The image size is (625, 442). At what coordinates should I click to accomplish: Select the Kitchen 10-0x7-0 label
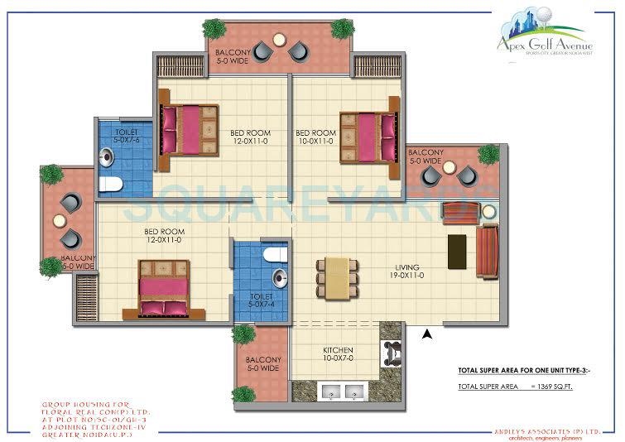[x=338, y=355]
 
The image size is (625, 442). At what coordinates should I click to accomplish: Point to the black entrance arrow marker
[x=427, y=334]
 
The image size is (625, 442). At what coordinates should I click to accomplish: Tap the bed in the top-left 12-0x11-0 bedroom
[x=190, y=129]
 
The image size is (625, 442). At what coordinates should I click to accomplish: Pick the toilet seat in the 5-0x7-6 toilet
[x=110, y=183]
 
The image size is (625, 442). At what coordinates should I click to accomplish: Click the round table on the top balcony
[x=278, y=41]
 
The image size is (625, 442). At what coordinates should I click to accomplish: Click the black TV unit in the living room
[x=456, y=251]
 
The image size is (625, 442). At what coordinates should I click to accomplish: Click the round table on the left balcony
[x=59, y=220]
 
